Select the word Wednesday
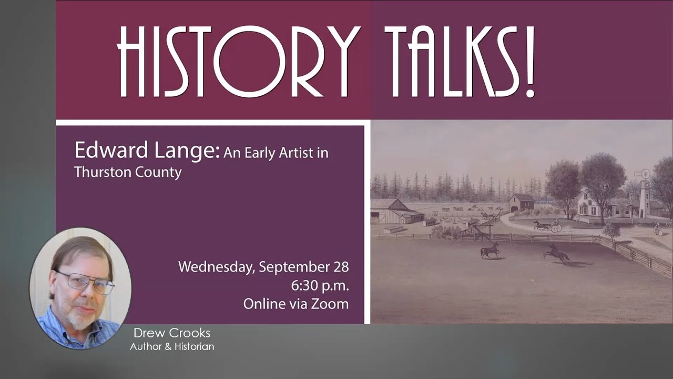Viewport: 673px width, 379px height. click(216, 267)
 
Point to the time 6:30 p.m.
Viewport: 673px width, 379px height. click(320, 286)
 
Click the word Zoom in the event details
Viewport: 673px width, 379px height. click(331, 304)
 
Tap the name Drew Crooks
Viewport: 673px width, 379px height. click(171, 333)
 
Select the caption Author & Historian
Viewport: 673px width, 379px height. click(172, 346)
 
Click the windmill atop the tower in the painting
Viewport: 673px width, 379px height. click(643, 174)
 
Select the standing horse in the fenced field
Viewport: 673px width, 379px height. click(490, 250)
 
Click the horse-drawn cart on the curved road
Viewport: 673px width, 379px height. click(548, 226)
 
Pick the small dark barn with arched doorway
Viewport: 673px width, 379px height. click(521, 202)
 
